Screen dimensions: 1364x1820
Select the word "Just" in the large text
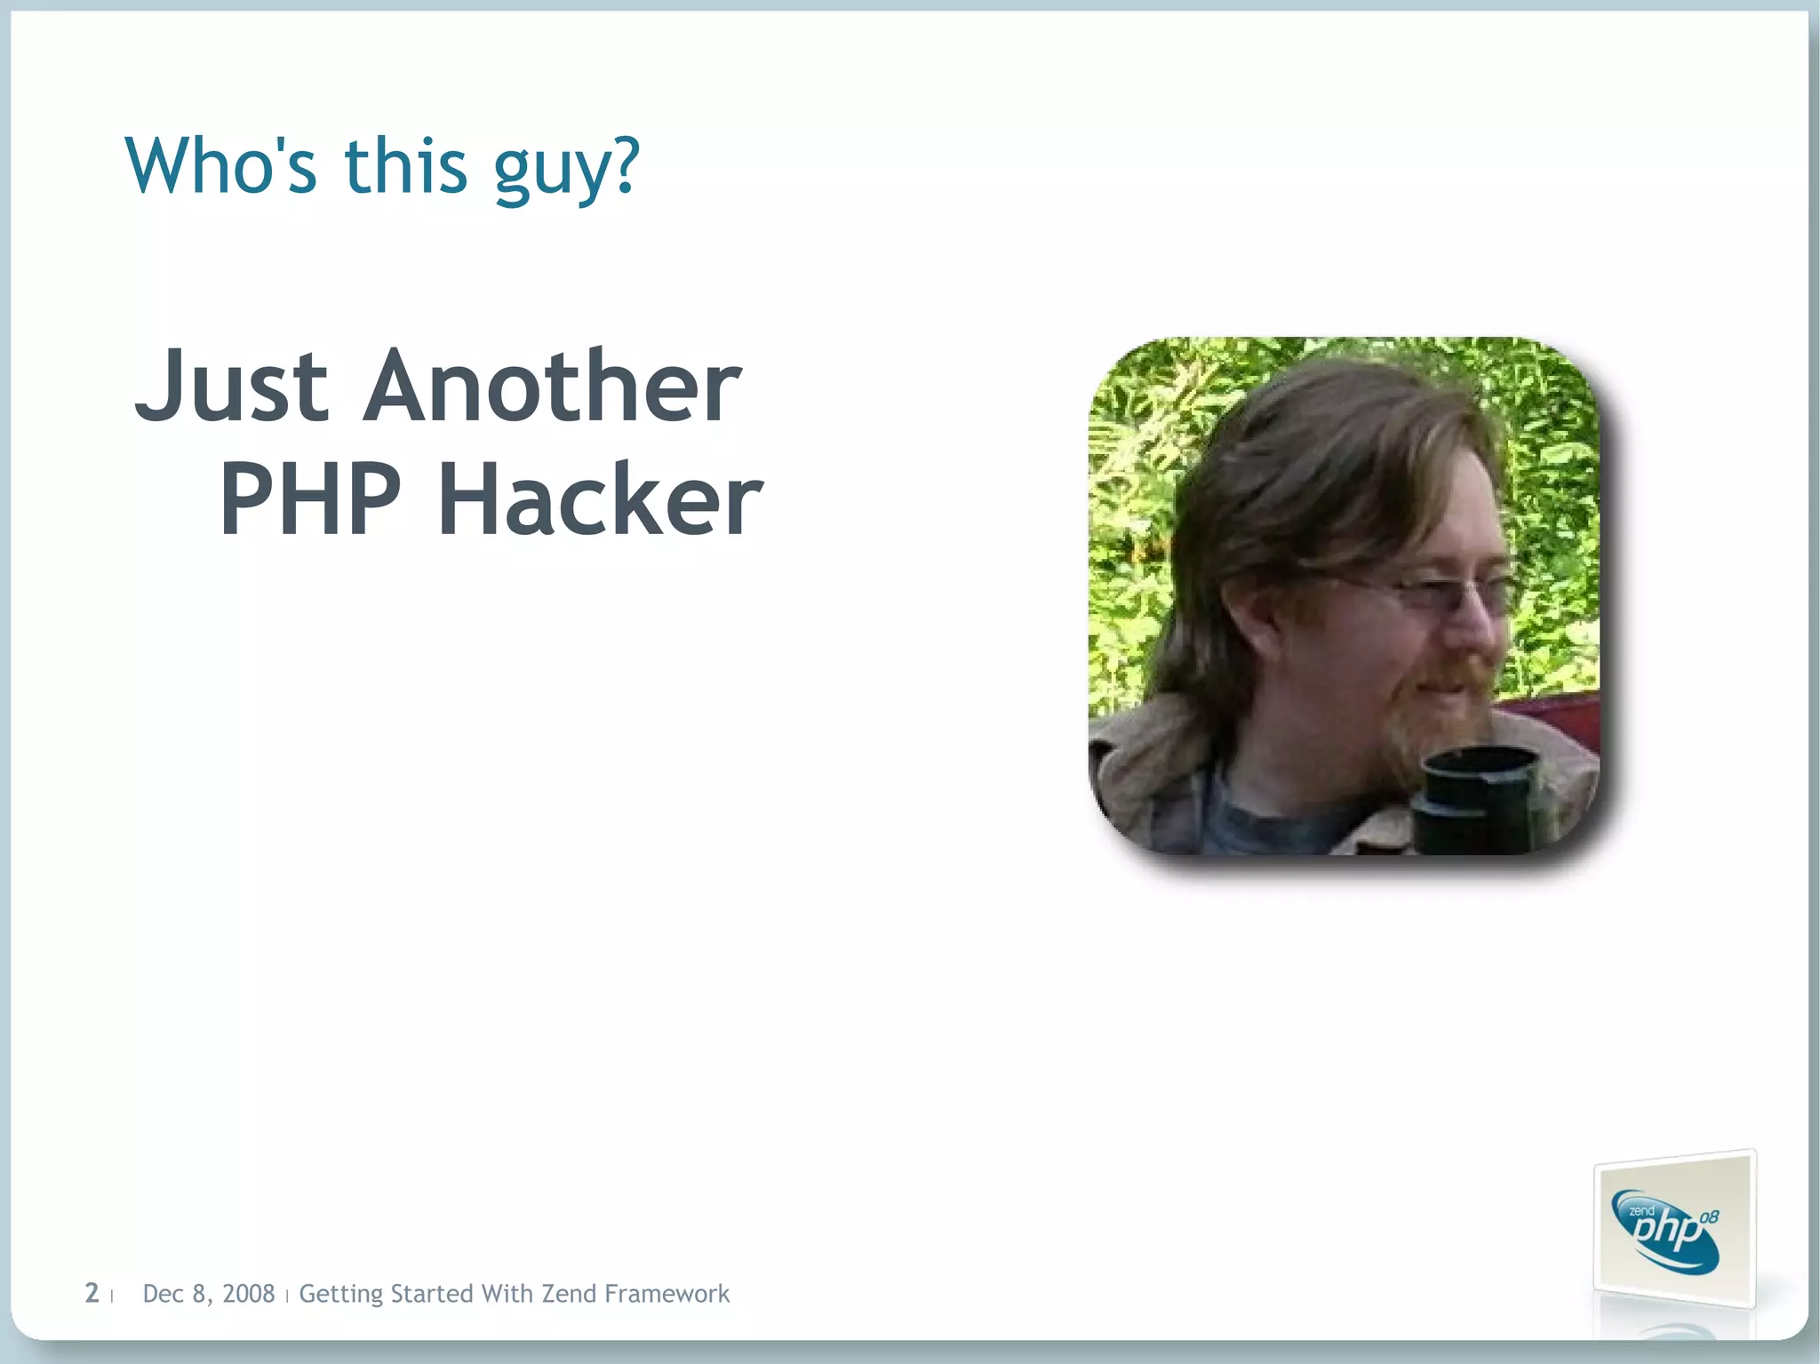(232, 387)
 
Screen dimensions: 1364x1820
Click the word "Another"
(552, 387)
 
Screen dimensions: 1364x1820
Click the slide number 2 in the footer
(92, 1293)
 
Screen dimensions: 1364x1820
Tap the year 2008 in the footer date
(248, 1294)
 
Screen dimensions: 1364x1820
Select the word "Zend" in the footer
(569, 1294)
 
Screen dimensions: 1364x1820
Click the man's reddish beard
(1422, 711)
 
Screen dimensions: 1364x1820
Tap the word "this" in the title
(405, 166)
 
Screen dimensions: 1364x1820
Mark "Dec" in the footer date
(163, 1294)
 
